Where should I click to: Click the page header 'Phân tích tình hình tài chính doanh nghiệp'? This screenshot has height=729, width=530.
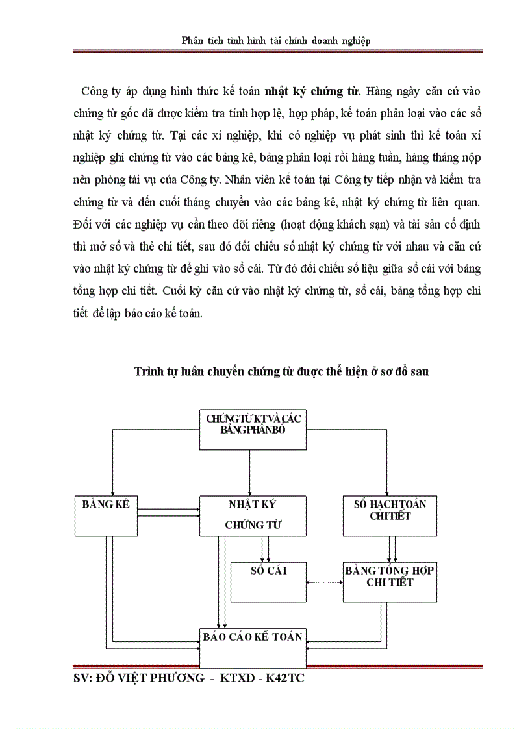pos(276,41)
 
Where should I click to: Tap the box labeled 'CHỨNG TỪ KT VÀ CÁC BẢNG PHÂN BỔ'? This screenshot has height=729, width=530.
pos(253,429)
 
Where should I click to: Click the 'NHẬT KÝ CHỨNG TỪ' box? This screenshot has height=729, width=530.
pos(253,515)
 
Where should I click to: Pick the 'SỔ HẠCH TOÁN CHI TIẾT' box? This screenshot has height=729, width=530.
pos(389,515)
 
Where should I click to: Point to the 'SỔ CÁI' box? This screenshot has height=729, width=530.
pos(268,582)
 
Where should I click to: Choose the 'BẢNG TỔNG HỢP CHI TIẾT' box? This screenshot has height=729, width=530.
pos(389,582)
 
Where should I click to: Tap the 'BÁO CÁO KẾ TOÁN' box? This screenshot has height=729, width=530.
pos(253,647)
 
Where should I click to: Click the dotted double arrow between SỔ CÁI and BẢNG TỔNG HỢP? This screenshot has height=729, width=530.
pos(325,582)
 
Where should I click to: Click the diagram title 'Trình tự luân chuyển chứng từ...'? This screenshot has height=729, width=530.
pos(281,371)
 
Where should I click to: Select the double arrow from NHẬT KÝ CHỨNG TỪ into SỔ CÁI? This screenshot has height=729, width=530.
pos(266,549)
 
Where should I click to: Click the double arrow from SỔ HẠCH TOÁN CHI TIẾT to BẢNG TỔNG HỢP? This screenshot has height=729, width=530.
pos(392,549)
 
